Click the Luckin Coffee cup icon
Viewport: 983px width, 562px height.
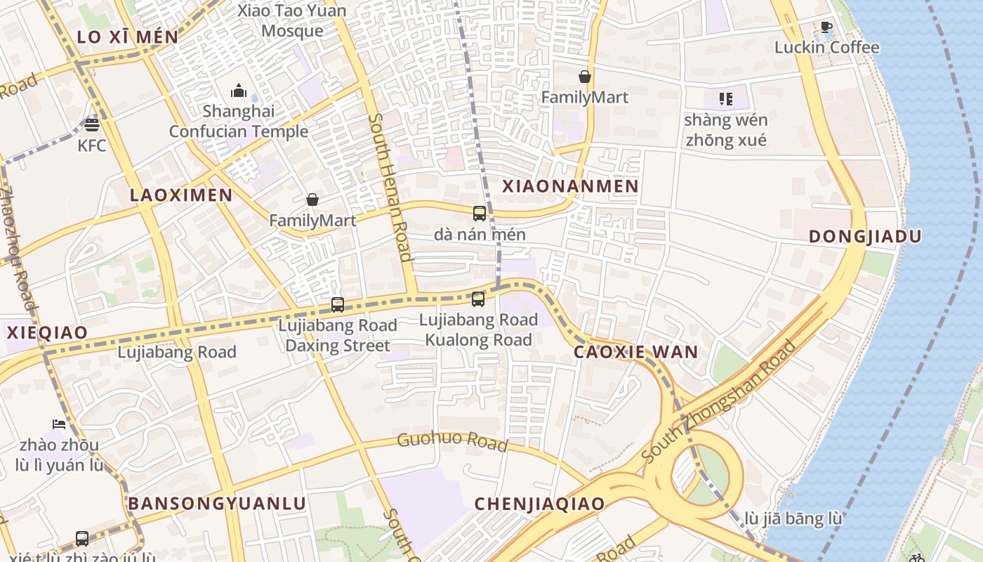(x=826, y=27)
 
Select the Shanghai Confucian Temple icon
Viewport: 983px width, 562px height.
(x=239, y=91)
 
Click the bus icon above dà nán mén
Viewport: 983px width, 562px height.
(x=480, y=214)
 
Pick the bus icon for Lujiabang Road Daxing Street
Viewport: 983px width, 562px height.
(x=338, y=305)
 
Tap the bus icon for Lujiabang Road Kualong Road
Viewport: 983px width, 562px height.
(x=478, y=299)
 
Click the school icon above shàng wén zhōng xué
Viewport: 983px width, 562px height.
(x=726, y=99)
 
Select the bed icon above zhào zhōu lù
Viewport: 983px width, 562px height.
(x=59, y=424)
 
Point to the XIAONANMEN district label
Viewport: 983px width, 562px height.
(x=570, y=186)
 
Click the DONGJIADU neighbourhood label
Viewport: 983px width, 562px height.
(x=864, y=237)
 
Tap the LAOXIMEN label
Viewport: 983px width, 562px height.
(x=180, y=195)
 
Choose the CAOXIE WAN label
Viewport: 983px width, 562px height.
(x=636, y=353)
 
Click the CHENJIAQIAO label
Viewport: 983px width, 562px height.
(x=539, y=504)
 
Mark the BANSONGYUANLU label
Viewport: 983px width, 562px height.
(x=217, y=504)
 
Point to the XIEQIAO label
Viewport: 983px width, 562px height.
(x=47, y=333)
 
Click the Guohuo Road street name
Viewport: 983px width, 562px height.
(x=452, y=442)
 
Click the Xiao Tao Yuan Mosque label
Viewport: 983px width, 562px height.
(x=292, y=21)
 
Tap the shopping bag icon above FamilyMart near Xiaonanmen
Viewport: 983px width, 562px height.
(x=584, y=77)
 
